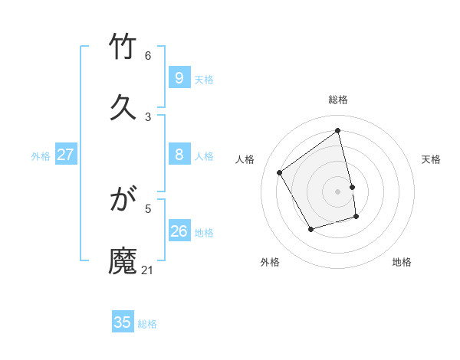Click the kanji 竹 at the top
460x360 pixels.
click(x=123, y=47)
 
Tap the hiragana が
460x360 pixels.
click(x=123, y=201)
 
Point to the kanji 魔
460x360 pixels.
click(x=123, y=260)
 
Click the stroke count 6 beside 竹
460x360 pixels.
click(x=148, y=56)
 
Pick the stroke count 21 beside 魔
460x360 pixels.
click(x=148, y=270)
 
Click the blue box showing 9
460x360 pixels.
click(x=179, y=78)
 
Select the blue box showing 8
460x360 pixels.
click(x=179, y=155)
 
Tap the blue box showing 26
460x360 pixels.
click(x=179, y=231)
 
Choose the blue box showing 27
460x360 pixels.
click(x=65, y=155)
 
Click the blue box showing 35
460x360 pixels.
click(x=123, y=322)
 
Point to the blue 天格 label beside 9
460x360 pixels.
click(x=204, y=80)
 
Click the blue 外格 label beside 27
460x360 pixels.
click(x=41, y=156)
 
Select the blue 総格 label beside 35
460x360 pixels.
click(x=147, y=324)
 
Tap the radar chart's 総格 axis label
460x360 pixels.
click(x=338, y=100)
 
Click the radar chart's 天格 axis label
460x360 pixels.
click(x=432, y=159)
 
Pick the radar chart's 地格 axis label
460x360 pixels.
click(x=402, y=262)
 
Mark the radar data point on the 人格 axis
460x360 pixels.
click(x=280, y=173)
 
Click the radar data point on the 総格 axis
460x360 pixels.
click(x=338, y=131)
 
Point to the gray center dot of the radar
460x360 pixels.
click(x=338, y=191)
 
